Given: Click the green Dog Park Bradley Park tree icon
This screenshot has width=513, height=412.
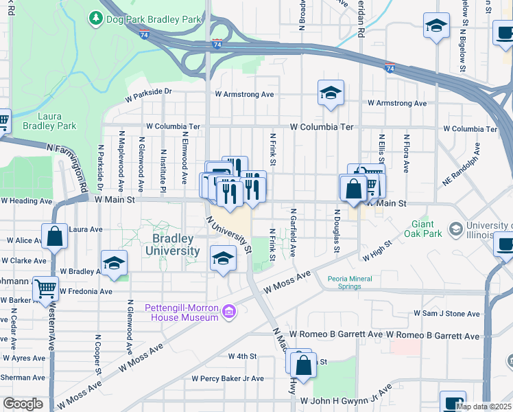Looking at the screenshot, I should pos(97,19).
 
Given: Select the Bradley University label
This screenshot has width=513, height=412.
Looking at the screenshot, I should pos(176,244).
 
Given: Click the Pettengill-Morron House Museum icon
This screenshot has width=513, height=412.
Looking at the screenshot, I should pos(229,312).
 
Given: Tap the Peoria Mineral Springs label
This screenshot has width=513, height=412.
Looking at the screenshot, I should pos(354,283).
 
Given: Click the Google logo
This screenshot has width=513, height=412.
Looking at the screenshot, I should pos(23,404).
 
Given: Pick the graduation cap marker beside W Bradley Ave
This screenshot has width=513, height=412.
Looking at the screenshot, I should pos(115,263).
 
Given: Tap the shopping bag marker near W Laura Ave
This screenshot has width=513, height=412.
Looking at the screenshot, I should pos(55,236).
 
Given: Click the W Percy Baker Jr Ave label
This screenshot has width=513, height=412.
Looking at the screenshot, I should pos(228,378).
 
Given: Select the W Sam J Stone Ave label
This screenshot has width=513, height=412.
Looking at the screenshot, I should pos(446,314).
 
